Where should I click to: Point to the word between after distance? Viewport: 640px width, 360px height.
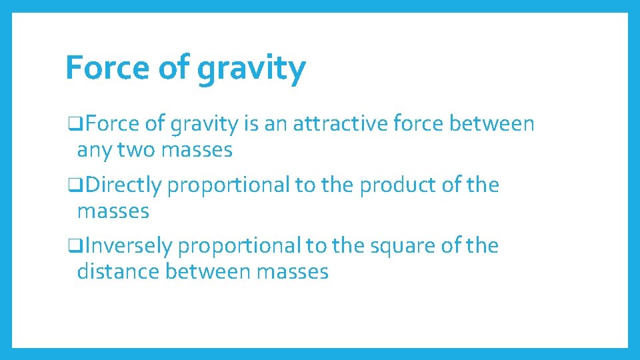pos(208,271)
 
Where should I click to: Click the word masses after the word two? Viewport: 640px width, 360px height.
pos(197,151)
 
